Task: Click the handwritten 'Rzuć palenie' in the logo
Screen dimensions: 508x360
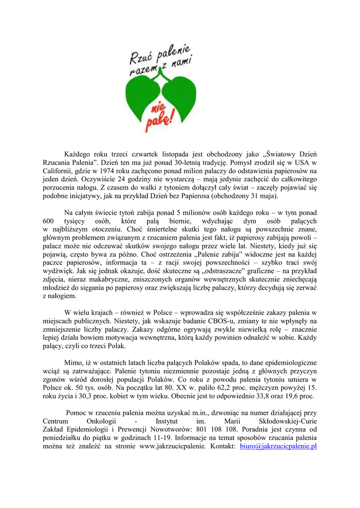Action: point(160,55)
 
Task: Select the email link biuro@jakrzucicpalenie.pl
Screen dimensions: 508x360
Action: point(278,446)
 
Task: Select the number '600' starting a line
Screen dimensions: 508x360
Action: point(49,220)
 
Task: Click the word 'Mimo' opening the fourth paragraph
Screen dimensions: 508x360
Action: point(73,362)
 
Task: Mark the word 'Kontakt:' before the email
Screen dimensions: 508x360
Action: point(221,446)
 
